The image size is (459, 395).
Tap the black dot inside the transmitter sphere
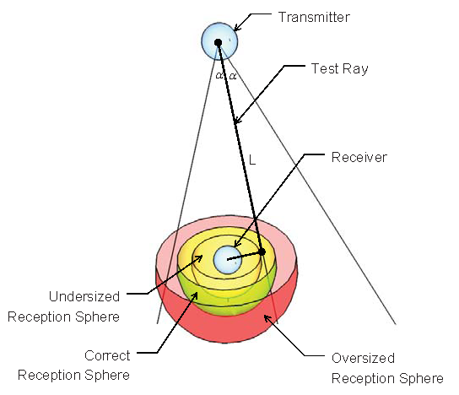(218, 41)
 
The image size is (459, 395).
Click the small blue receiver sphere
(227, 259)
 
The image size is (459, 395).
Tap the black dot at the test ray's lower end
(262, 252)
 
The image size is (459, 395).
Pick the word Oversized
(363, 358)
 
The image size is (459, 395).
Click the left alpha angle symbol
(219, 75)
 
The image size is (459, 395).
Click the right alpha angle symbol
(232, 75)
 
